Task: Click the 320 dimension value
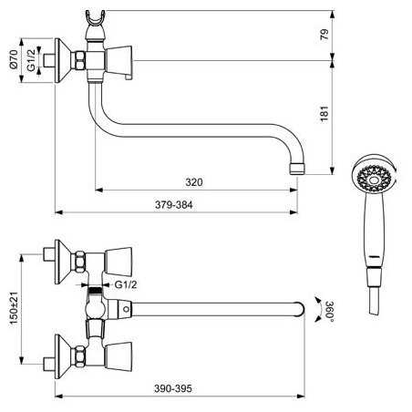194,182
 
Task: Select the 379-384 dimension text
174,205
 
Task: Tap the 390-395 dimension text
173,388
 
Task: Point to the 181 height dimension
324,114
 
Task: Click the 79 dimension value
324,35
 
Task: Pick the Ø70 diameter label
14,59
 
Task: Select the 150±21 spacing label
14,308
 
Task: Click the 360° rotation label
329,310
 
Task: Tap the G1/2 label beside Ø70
31,60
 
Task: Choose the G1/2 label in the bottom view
126,284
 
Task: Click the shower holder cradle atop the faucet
95,19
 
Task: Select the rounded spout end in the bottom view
299,309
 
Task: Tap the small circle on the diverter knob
126,309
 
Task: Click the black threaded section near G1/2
95,290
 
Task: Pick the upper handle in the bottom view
118,262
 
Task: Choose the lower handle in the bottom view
118,356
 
